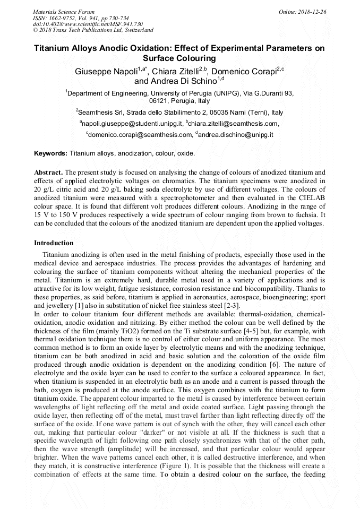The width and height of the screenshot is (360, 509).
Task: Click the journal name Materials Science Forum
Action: [64, 11]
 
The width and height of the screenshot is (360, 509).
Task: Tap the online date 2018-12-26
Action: [312, 11]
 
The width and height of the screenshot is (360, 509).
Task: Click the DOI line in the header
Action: [88, 24]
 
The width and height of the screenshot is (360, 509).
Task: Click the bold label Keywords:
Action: [51, 153]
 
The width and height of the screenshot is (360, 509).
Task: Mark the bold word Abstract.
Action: [48, 172]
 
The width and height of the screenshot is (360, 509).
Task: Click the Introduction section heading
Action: [54, 243]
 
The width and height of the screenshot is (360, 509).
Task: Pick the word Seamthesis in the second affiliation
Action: [97, 113]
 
